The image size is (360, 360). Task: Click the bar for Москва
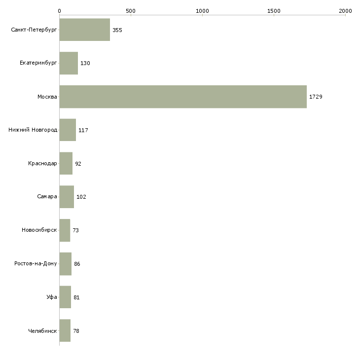[x=183, y=97]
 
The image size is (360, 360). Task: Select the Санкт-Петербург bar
[x=85, y=30]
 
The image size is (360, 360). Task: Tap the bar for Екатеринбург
[x=69, y=63]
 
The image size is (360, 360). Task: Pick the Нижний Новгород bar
[x=68, y=130]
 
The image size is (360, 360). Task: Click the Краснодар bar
[x=66, y=163]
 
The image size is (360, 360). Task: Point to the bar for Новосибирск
[x=65, y=230]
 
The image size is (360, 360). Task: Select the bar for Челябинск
[x=65, y=330]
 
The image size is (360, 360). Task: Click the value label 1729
[x=316, y=97]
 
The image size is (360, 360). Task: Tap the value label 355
[x=117, y=30]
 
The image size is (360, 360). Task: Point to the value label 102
[x=81, y=197]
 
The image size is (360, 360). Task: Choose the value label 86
[x=77, y=264]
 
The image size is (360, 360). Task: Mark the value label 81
[x=76, y=297]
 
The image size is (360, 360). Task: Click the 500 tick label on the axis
[x=131, y=11]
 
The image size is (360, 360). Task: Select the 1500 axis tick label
[x=274, y=11]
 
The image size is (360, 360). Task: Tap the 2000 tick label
[x=345, y=11]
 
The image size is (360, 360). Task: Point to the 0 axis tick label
[x=60, y=11]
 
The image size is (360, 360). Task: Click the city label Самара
[x=47, y=197]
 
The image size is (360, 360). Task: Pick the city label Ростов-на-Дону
[x=36, y=263]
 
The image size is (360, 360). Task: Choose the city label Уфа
[x=52, y=297]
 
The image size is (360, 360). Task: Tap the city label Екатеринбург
[x=38, y=63]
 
